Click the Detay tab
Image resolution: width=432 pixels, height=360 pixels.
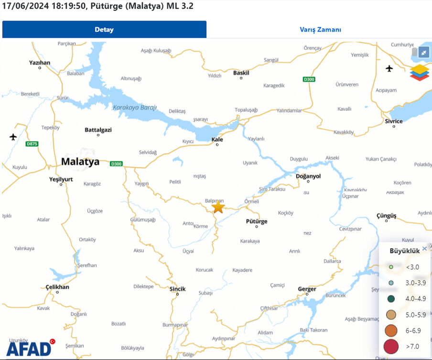[x=104, y=30]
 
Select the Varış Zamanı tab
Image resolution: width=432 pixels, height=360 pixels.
[x=320, y=30]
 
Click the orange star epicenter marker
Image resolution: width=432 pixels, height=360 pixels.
[x=218, y=207]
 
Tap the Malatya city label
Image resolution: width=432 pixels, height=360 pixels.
[x=80, y=162]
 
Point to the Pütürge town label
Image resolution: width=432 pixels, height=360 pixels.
[x=257, y=221]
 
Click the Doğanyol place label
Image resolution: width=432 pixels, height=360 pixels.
[x=308, y=176]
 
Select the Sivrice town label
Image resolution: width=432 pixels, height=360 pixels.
[x=394, y=121]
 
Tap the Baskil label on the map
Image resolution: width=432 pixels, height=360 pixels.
[x=241, y=73]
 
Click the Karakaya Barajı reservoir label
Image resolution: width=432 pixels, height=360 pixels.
[x=135, y=108]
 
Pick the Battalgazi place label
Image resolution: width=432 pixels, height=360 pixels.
[x=98, y=130]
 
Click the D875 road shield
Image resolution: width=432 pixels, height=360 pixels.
[x=32, y=143]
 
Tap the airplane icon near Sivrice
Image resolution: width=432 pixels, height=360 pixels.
[x=389, y=68]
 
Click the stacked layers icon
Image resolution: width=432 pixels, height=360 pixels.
[x=420, y=73]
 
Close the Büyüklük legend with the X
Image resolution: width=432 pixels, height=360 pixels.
[x=424, y=249]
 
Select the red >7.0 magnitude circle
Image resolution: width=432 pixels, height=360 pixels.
[x=391, y=346]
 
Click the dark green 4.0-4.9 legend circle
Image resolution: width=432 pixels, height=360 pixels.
[x=391, y=299]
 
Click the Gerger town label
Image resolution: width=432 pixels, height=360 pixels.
[x=307, y=289]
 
